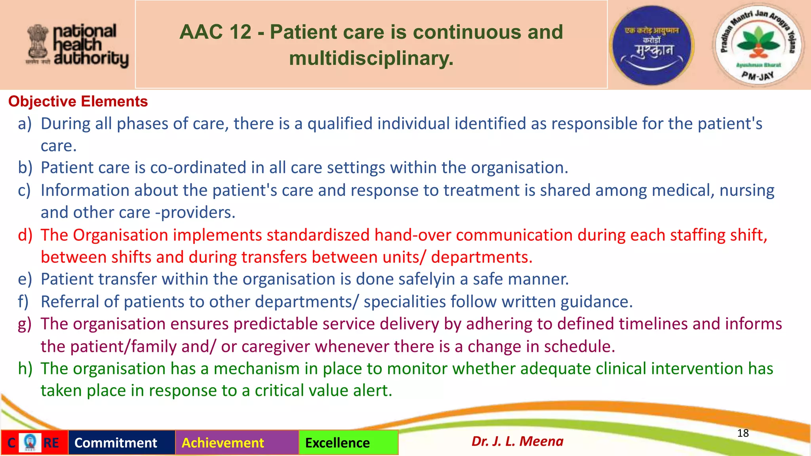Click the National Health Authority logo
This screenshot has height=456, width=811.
pos(78,45)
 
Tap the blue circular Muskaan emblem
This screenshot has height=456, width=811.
pos(652,45)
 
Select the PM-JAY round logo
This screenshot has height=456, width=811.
pos(758,45)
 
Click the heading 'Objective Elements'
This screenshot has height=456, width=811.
pos(78,102)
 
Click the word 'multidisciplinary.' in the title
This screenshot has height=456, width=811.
pos(371,59)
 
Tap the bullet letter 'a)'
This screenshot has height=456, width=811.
pos(25,124)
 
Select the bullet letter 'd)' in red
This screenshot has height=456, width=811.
pos(25,235)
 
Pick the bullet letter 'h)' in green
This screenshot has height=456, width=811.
pos(25,369)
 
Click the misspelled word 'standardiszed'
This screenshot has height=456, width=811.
pos(318,235)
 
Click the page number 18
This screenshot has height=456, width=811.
pos(743,433)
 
